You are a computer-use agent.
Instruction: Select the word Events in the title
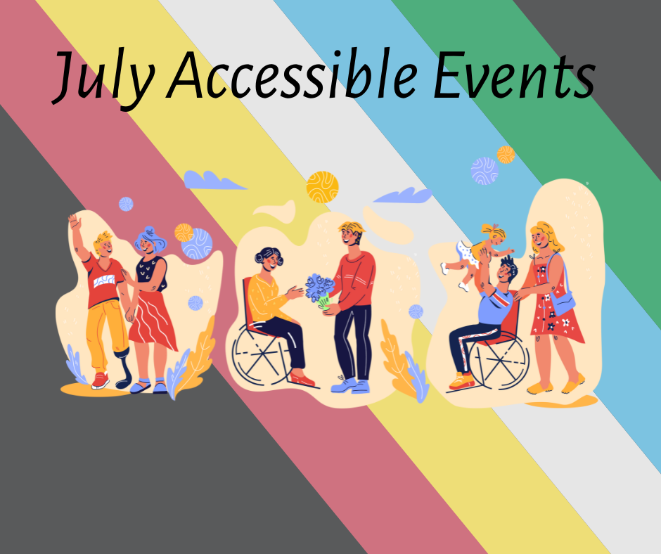click(514, 75)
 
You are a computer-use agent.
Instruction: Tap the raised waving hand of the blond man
click(75, 221)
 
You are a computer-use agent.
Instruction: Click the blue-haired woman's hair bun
click(149, 232)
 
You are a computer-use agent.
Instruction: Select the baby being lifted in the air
click(476, 255)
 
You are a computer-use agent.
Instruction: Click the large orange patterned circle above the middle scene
click(323, 187)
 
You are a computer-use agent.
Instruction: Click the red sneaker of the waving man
click(101, 380)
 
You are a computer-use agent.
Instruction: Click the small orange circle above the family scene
click(506, 155)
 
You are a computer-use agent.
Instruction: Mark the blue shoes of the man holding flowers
click(350, 385)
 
